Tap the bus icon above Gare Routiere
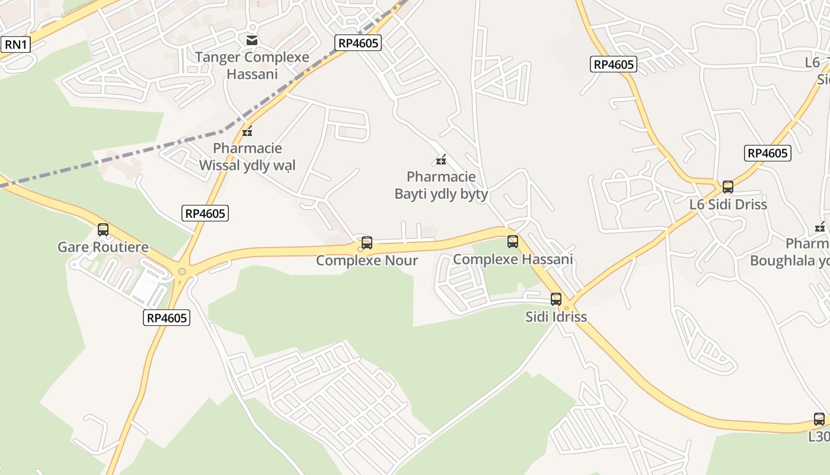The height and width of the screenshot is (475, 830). click(x=103, y=230)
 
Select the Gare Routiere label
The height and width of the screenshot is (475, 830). click(x=103, y=247)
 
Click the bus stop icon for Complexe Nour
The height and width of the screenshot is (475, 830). click(x=367, y=243)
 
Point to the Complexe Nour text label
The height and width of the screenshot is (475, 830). click(x=367, y=261)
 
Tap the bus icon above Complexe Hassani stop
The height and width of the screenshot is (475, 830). click(x=513, y=242)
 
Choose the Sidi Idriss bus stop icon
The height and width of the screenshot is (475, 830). click(x=556, y=299)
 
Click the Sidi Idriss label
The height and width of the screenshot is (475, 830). click(x=556, y=316)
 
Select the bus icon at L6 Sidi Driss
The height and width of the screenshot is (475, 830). click(x=728, y=187)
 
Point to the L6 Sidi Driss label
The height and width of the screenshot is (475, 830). click(x=728, y=204)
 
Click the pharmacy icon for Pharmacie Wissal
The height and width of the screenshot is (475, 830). click(x=247, y=131)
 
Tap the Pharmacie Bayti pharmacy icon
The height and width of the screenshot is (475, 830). click(x=441, y=159)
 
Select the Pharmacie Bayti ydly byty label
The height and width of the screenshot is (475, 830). click(x=441, y=185)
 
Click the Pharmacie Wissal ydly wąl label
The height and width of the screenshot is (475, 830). click(x=247, y=157)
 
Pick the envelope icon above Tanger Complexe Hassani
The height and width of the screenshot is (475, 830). click(x=252, y=40)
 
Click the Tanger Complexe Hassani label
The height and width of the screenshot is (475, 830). click(x=252, y=65)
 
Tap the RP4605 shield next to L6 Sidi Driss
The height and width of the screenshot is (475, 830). click(x=768, y=153)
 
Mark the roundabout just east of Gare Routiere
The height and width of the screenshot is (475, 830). click(x=182, y=272)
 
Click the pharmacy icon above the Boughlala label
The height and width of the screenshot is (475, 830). click(x=821, y=226)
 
